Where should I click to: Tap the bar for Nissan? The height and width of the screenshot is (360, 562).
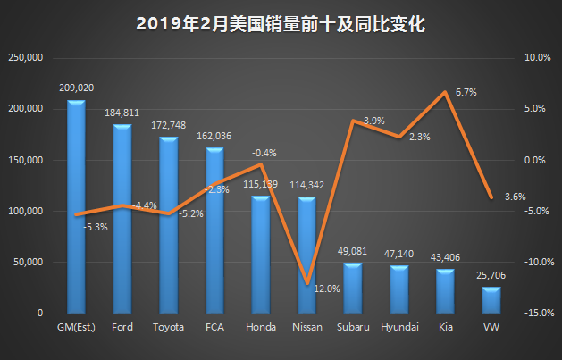(306, 255)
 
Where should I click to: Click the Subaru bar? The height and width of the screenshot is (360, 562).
(353, 288)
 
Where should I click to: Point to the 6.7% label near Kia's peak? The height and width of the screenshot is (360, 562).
(466, 92)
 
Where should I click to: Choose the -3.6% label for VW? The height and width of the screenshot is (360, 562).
(513, 197)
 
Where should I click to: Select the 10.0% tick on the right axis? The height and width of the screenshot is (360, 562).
(536, 58)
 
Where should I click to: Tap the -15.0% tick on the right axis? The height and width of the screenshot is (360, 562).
(536, 314)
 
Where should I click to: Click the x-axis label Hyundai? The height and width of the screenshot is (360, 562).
(399, 328)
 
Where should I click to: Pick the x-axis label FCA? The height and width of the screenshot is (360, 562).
(214, 328)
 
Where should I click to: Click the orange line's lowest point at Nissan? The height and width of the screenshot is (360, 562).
(306, 282)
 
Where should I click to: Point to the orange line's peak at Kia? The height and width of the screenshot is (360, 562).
(445, 92)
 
